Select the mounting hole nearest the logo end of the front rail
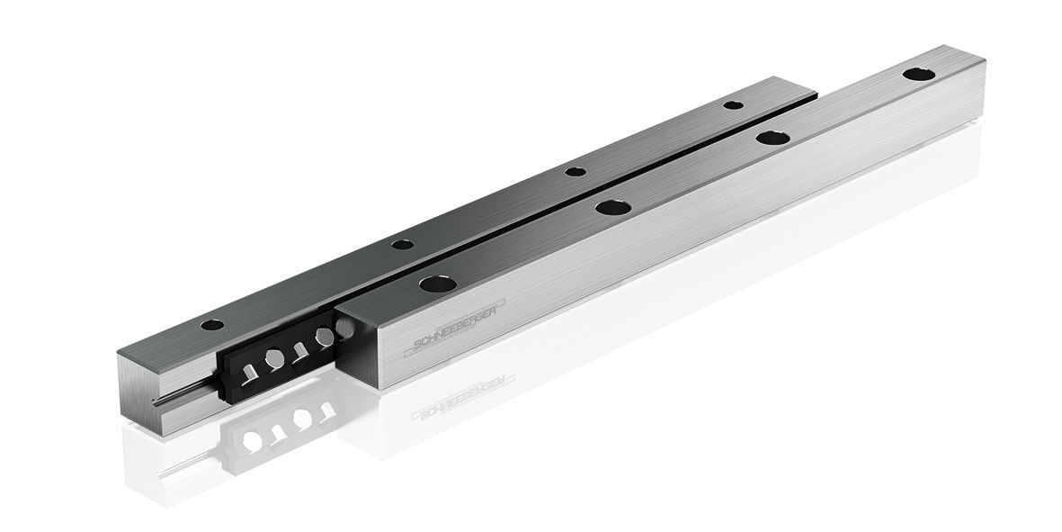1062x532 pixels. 437,284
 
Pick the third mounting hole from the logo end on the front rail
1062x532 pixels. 772,138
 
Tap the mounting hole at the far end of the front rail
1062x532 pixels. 918,74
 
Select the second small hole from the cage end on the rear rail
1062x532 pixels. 403,244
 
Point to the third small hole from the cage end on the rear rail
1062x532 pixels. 576,171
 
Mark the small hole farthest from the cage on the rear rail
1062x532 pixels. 733,105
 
